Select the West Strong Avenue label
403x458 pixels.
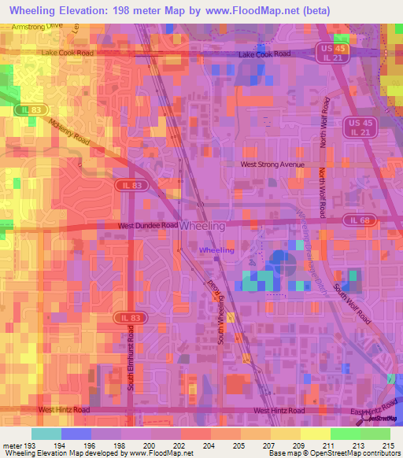[x=272, y=164]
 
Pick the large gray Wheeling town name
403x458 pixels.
[x=202, y=226]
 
